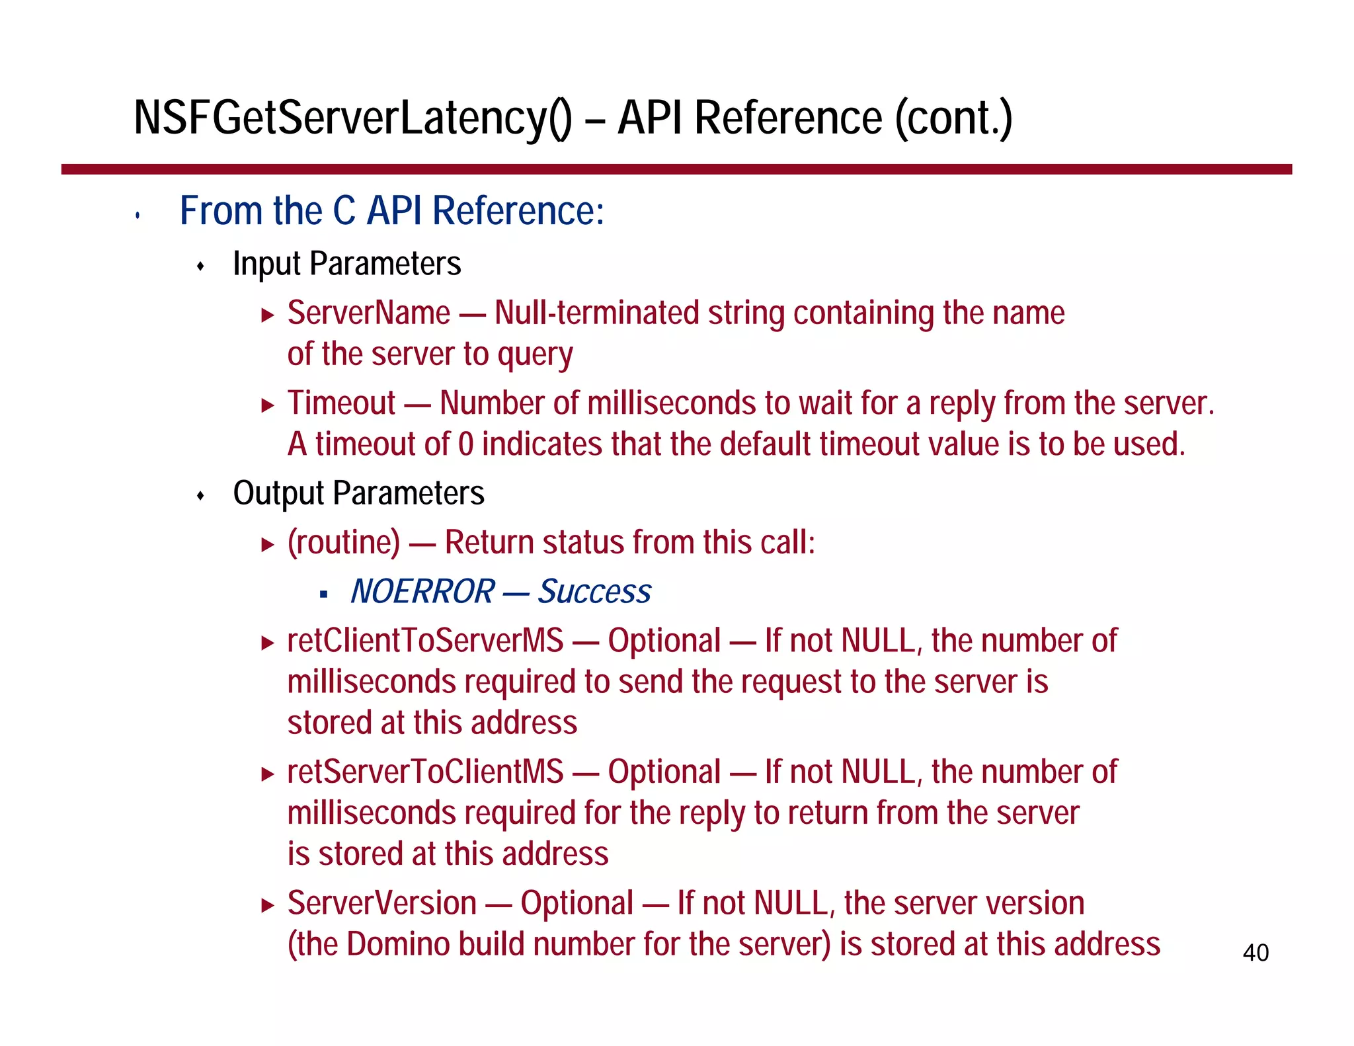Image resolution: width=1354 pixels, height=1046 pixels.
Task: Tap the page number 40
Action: coord(1255,953)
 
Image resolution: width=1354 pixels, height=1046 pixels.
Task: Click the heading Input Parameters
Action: coord(346,264)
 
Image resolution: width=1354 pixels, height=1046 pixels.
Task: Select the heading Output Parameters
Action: coord(358,493)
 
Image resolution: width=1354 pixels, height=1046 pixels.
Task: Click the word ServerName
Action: coord(368,313)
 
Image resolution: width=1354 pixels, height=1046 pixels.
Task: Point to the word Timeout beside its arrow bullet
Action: coord(341,403)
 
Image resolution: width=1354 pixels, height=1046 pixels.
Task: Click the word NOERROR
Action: coord(422,591)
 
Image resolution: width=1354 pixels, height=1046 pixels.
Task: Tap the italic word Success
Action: coord(594,591)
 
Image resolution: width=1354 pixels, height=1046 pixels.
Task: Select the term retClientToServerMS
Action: coord(425,641)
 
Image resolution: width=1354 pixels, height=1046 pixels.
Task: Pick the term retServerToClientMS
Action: coord(425,772)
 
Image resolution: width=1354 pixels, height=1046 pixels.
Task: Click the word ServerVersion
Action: coord(381,903)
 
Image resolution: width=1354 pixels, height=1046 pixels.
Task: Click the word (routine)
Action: coord(344,543)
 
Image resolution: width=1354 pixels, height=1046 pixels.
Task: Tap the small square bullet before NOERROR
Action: coord(323,594)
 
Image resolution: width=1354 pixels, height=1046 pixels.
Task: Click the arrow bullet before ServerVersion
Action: coord(267,905)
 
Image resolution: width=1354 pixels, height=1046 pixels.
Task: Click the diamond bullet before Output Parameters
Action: coord(201,496)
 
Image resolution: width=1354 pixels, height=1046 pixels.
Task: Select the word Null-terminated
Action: coord(596,313)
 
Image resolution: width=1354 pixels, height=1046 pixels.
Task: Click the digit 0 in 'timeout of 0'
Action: coord(465,444)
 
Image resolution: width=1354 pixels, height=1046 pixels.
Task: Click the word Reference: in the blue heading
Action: coord(518,211)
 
